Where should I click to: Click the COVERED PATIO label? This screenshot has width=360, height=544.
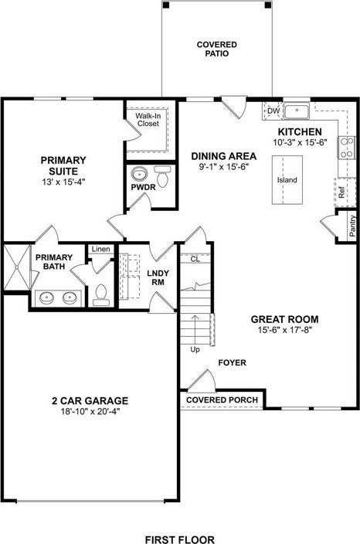click(x=216, y=49)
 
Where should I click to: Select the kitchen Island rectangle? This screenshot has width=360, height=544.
click(x=287, y=179)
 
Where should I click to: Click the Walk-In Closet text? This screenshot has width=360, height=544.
click(x=148, y=120)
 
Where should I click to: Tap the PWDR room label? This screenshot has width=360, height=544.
click(x=143, y=188)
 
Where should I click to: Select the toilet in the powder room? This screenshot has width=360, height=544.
click(x=161, y=172)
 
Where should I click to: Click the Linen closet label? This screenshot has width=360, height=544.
click(x=100, y=249)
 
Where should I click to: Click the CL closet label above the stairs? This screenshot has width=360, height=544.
click(x=195, y=260)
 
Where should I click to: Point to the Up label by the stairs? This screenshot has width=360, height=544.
click(x=195, y=349)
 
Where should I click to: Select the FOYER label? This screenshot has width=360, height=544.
click(x=232, y=362)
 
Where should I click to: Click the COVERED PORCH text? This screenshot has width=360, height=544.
click(x=222, y=399)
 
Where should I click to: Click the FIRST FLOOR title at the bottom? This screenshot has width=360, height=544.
click(x=180, y=539)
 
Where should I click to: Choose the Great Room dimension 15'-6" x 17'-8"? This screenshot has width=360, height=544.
click(x=285, y=330)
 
